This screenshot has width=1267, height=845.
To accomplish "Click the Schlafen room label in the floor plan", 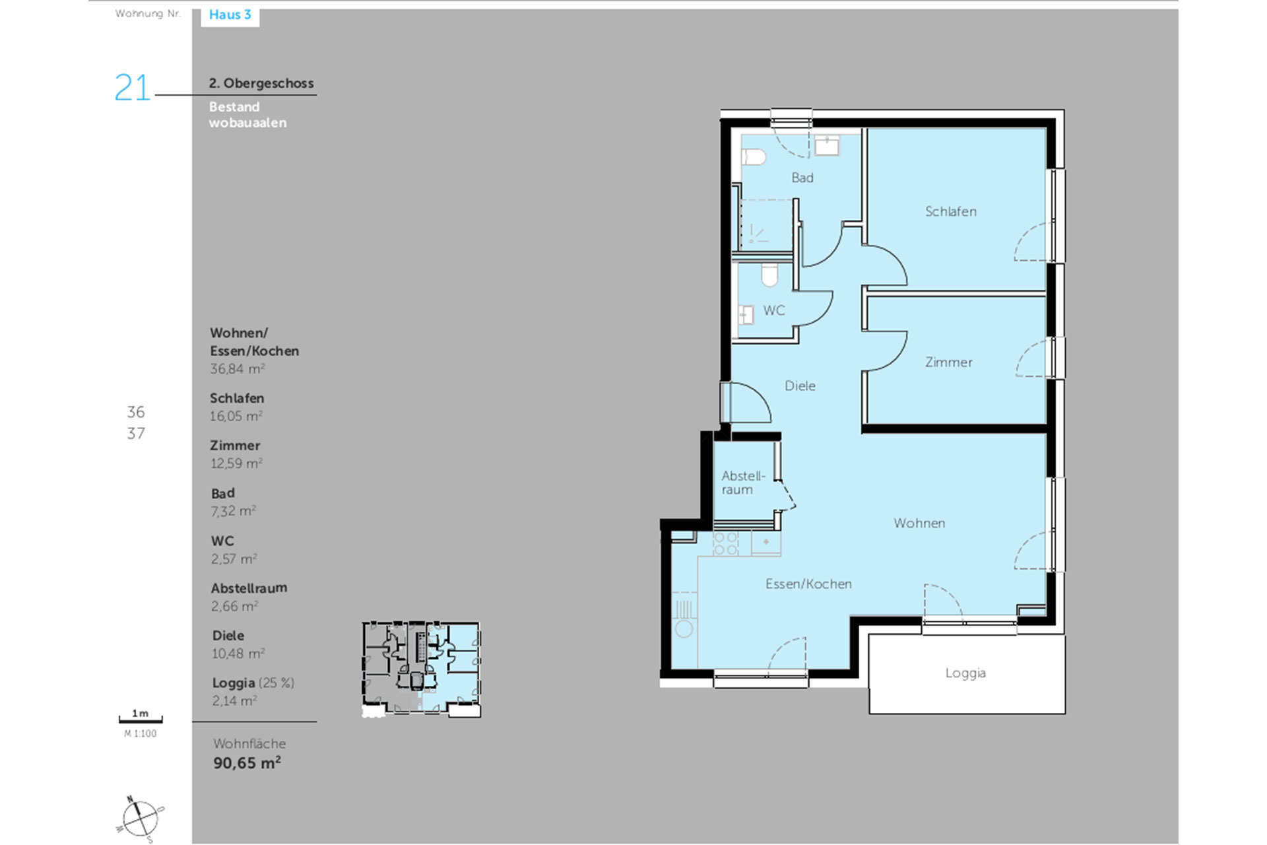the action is [x=950, y=211].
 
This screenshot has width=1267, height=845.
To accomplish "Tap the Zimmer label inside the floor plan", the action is [x=948, y=362].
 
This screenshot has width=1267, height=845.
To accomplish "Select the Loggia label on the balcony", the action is [x=965, y=673].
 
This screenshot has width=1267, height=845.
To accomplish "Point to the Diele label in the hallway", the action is [x=800, y=386].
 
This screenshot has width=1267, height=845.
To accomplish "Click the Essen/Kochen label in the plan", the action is [x=808, y=584].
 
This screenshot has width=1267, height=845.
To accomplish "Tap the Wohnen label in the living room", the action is [x=919, y=523].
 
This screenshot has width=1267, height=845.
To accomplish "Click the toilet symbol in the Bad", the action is [x=754, y=157].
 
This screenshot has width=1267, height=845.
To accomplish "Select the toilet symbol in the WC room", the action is [x=769, y=275].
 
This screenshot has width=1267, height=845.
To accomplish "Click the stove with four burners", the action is [x=726, y=543].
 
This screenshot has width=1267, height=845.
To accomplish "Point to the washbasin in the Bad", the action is [x=827, y=145].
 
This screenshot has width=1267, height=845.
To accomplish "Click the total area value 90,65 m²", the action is [x=247, y=763].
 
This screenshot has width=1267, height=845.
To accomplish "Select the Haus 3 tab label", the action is [x=230, y=15].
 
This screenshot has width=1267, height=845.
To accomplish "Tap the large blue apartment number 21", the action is [x=132, y=87].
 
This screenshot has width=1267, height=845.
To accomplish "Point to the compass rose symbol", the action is [x=140, y=819].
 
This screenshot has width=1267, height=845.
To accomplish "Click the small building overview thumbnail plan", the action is [x=421, y=669].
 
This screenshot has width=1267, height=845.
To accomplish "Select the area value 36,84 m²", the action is [x=238, y=369].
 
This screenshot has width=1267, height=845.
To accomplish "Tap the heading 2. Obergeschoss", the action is [x=261, y=83].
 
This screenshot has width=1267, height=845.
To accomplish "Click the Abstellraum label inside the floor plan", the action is [x=743, y=483].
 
